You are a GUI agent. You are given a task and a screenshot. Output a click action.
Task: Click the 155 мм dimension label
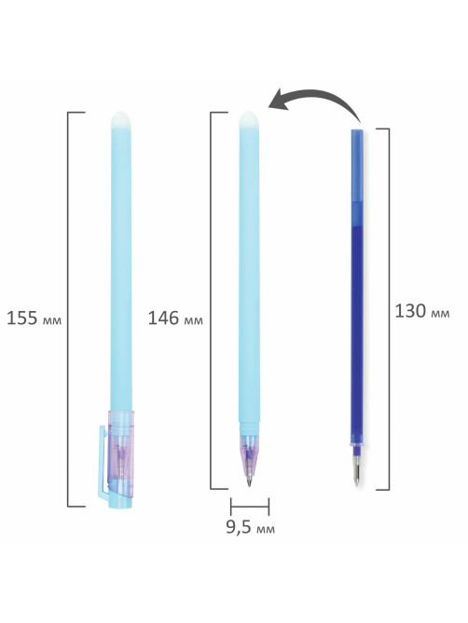click(34, 318)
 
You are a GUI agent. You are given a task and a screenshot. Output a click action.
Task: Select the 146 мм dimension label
click(175, 318)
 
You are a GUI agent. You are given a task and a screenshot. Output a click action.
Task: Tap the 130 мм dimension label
click(422, 311)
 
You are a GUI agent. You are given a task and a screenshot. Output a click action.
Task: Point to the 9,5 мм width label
click(250, 527)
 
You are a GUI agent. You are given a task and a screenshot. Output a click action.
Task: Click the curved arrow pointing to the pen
click(318, 95)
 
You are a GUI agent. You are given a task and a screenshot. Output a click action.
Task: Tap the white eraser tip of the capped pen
click(121, 119)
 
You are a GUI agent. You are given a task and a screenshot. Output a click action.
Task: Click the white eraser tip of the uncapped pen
click(249, 119)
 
